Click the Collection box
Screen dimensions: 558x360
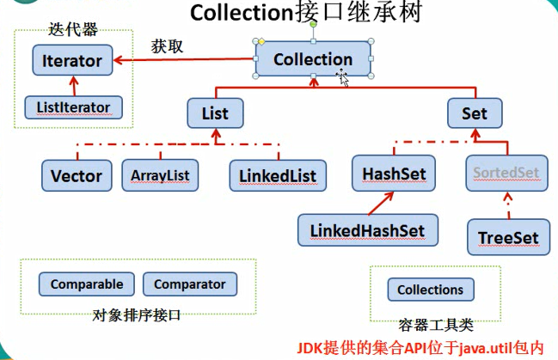(x=313, y=59)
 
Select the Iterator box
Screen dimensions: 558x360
(x=71, y=61)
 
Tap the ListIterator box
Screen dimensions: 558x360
(x=73, y=107)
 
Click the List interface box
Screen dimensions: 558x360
(x=214, y=113)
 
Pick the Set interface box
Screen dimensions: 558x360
(x=474, y=113)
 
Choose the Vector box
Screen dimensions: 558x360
(x=77, y=175)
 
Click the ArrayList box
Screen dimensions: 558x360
(x=160, y=175)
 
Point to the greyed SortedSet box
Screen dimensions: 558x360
(x=505, y=173)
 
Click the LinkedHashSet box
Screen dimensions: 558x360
(x=367, y=229)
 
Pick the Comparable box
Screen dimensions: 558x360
(x=87, y=284)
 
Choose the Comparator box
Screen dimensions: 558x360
(x=189, y=284)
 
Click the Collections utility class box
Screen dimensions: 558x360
(x=430, y=290)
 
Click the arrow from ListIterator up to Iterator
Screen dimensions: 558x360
(x=73, y=85)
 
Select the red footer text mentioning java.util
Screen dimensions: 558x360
(x=420, y=347)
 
